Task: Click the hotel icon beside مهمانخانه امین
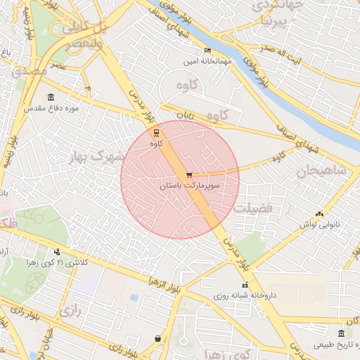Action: click(x=207, y=51)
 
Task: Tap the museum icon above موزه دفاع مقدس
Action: click(x=51, y=98)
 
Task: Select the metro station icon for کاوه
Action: click(x=156, y=132)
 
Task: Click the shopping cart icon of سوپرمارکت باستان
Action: click(x=188, y=175)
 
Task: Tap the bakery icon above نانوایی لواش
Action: click(x=320, y=214)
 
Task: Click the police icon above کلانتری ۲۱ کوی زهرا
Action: click(x=57, y=251)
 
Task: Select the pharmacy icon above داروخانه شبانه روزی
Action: click(x=245, y=285)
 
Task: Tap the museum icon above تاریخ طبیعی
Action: click(x=342, y=333)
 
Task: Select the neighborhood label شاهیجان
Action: click(x=321, y=170)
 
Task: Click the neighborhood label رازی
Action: click(x=67, y=309)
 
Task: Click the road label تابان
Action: click(x=184, y=113)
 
